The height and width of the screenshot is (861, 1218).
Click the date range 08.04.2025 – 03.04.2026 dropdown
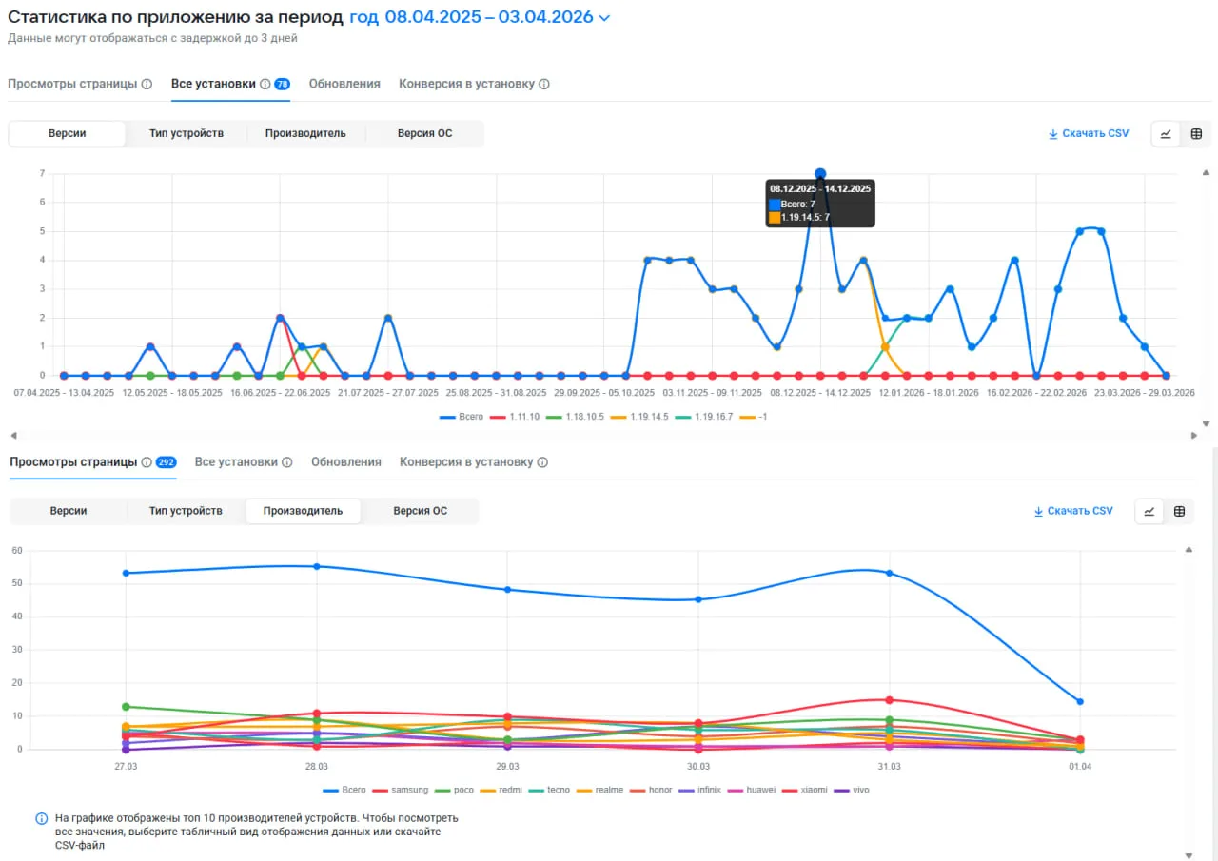[480, 17]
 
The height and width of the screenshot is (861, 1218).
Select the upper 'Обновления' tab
[344, 84]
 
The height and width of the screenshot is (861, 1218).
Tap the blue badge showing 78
[283, 84]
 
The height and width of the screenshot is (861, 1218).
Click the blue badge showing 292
[167, 462]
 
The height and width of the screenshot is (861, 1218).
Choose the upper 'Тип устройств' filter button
[186, 133]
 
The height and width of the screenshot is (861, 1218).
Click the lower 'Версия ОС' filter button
[421, 511]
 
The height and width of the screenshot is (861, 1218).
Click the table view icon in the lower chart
[1179, 511]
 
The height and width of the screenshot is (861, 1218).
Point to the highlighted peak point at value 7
[820, 174]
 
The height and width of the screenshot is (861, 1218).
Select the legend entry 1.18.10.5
[576, 417]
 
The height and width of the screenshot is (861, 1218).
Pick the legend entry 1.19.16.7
[704, 417]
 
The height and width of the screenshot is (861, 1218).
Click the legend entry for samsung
[401, 790]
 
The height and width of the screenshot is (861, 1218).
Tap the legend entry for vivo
[852, 790]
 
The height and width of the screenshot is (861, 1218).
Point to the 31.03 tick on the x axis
[889, 767]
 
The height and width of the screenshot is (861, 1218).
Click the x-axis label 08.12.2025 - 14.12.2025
[820, 393]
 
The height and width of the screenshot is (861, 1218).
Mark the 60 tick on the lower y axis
[17, 551]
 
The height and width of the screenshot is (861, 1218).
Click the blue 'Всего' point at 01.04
[1080, 702]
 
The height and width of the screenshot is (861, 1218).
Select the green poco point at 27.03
[126, 707]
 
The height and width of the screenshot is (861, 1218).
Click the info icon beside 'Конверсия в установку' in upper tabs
[543, 84]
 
